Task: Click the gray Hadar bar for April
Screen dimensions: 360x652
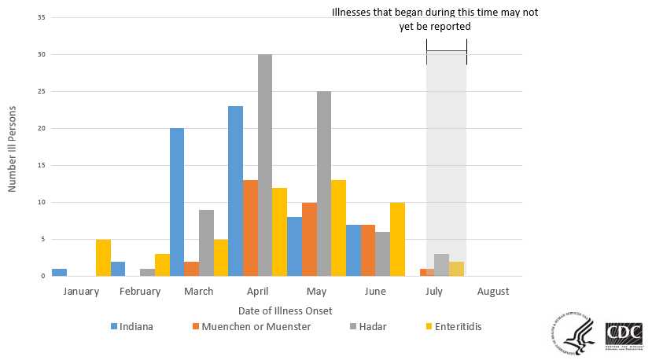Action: [265, 166]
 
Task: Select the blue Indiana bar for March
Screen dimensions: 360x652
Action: [177, 202]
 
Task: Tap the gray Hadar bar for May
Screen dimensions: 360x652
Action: [324, 184]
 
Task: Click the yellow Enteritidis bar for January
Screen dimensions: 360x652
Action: [103, 258]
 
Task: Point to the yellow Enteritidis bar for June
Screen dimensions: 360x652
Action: [398, 240]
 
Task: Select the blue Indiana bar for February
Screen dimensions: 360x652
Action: [118, 269]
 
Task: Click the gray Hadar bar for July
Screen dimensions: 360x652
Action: [442, 265]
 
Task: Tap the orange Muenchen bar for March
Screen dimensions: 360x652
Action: [191, 269]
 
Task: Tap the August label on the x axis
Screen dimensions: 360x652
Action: [492, 291]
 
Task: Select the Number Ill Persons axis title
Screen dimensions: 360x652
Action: [13, 150]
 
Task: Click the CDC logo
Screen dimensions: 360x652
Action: [624, 335]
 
